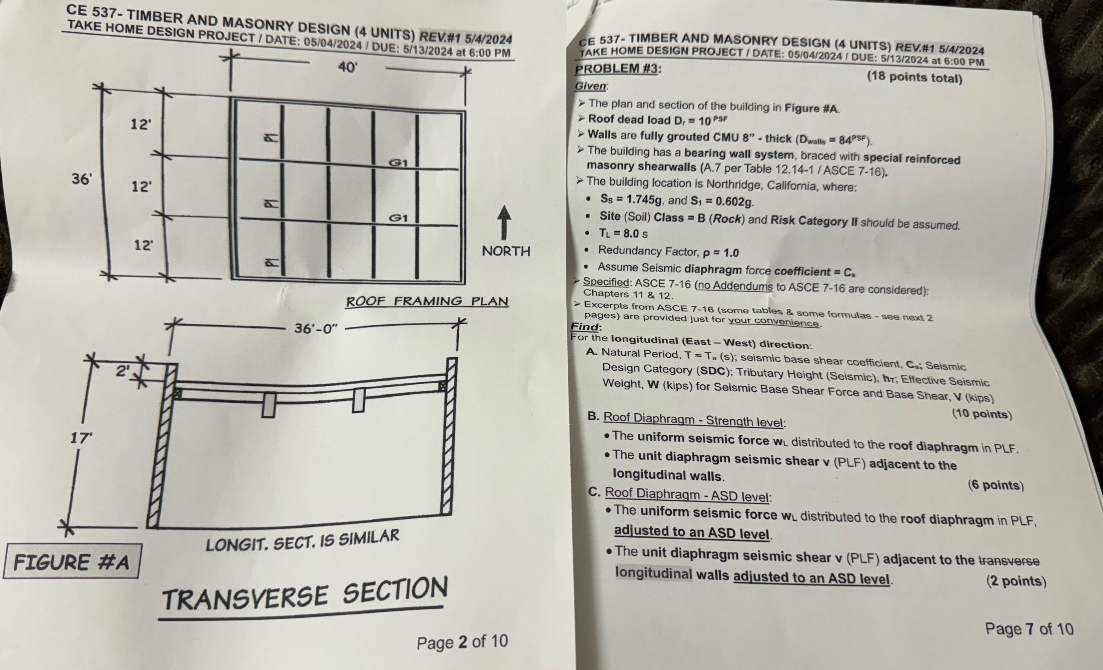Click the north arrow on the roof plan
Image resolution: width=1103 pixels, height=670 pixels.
[x=504, y=223]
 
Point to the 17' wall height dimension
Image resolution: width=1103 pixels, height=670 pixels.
[x=81, y=438]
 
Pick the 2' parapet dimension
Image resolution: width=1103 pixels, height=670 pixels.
[x=122, y=371]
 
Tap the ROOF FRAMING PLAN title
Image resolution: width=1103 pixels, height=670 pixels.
[x=427, y=301]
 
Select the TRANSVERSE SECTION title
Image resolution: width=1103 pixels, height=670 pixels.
[x=305, y=594]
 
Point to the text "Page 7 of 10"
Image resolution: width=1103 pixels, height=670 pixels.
[x=1029, y=629]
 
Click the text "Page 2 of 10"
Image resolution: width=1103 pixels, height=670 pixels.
[x=462, y=642]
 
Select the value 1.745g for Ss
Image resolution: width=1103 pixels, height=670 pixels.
[x=643, y=200]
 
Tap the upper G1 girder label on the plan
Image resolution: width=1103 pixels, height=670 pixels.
[x=398, y=163]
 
